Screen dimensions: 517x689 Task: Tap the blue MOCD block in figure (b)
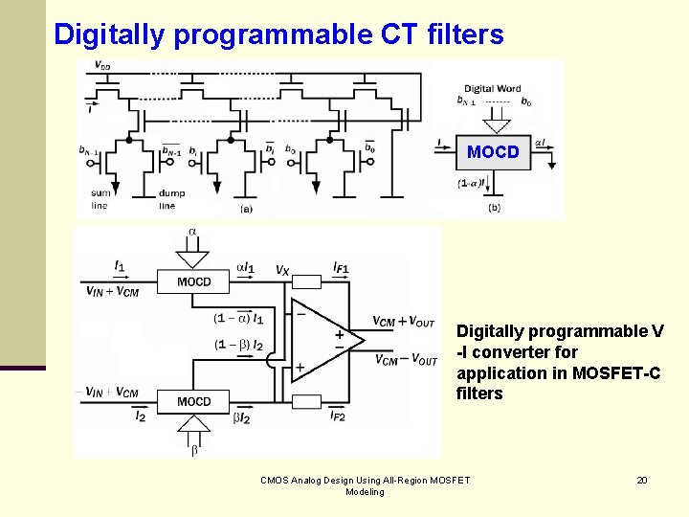493,151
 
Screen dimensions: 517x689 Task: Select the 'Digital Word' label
493,89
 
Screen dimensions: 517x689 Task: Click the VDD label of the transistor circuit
102,66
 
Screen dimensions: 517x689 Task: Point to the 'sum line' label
100,198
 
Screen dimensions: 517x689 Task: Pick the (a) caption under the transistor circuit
246,207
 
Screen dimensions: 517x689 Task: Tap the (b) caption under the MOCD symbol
494,207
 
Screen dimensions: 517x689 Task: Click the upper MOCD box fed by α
193,281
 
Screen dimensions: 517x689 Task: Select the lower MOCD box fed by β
193,401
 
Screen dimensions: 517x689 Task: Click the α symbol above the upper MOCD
192,232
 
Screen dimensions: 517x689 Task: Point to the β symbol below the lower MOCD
194,450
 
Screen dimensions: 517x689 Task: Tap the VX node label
282,271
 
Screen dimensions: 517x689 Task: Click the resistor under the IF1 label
306,281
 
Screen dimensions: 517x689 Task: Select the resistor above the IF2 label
306,401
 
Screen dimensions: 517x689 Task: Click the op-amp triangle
323,342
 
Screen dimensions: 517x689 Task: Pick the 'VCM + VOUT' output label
404,322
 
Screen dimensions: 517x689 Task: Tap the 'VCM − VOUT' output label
405,360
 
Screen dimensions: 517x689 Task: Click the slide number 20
642,480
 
